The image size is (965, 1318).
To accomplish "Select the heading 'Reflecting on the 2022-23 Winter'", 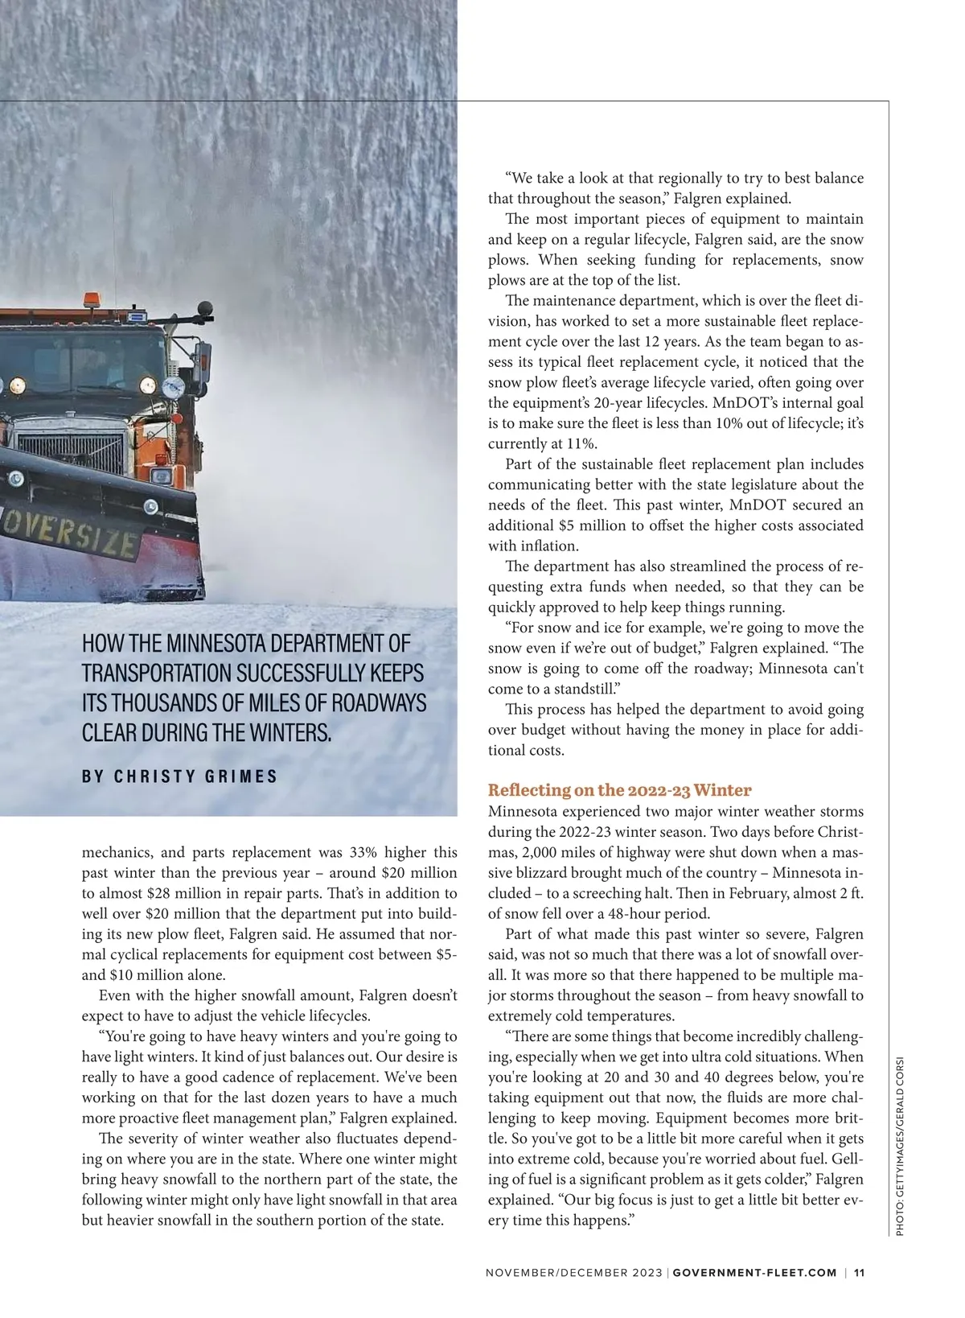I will (x=619, y=789).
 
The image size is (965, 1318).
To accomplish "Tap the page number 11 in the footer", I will (x=859, y=1273).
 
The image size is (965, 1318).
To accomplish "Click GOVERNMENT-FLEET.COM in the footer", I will (x=754, y=1273).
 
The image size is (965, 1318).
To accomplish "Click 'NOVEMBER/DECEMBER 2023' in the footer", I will (x=573, y=1273).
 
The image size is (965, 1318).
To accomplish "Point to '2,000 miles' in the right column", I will (x=546, y=852).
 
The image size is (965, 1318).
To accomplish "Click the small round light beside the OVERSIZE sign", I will (x=150, y=507).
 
